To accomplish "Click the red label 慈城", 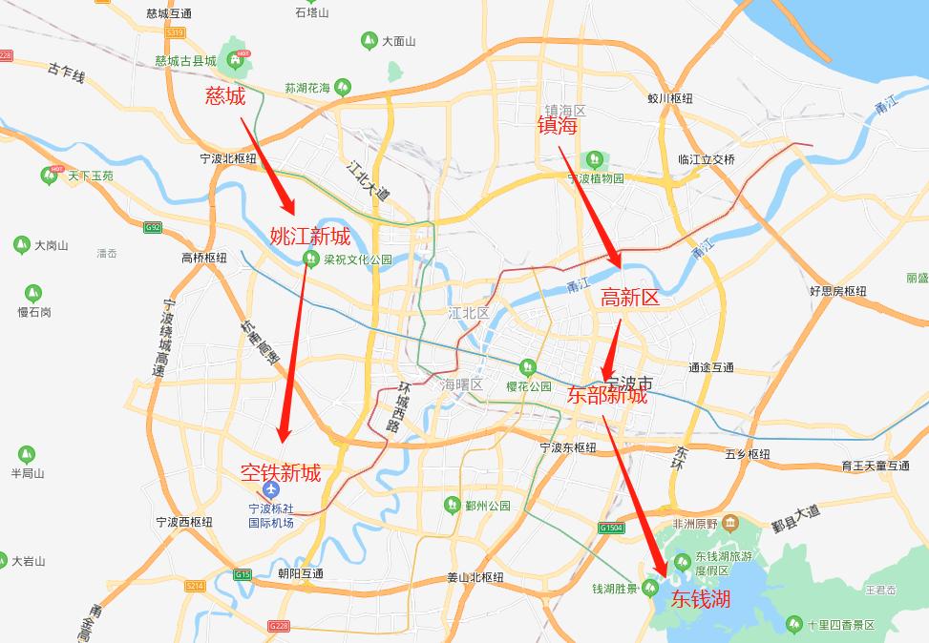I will tap(225, 95).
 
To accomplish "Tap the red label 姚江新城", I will tap(309, 237).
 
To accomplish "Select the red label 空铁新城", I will tap(280, 472).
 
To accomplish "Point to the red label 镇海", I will tap(558, 126).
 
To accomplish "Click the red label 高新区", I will tap(630, 299).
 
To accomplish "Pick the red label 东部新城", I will tap(606, 395).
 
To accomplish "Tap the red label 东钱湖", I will tap(701, 599).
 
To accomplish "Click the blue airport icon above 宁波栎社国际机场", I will tap(271, 490).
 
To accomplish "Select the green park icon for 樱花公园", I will tap(527, 367).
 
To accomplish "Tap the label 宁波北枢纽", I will tap(228, 159).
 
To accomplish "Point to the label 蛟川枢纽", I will tap(669, 98).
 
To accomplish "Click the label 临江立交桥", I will tap(707, 159).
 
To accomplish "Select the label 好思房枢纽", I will tap(837, 291).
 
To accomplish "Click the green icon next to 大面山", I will tap(369, 41).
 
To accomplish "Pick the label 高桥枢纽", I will tap(203, 258).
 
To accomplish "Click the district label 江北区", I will tap(469, 313).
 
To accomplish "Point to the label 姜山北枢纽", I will tap(475, 578).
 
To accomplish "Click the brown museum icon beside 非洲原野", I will tap(730, 522).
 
